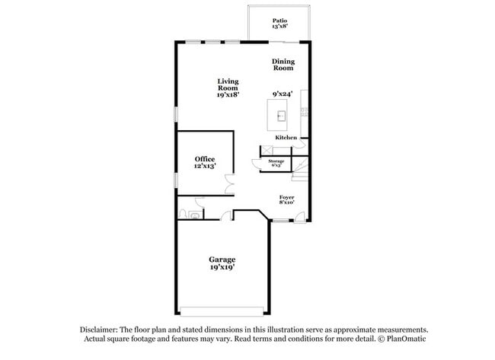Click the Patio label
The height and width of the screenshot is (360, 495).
point(279,21)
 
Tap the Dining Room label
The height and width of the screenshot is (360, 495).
point(283,65)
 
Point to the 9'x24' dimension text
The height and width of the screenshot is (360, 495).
point(283,94)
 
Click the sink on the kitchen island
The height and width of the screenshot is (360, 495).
point(281,116)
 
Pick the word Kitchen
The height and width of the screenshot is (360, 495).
point(286,138)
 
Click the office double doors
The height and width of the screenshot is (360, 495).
point(229,183)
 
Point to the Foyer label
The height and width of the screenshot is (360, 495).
point(286,197)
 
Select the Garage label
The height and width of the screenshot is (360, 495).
point(222,260)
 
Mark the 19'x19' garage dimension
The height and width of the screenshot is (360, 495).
point(222,268)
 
